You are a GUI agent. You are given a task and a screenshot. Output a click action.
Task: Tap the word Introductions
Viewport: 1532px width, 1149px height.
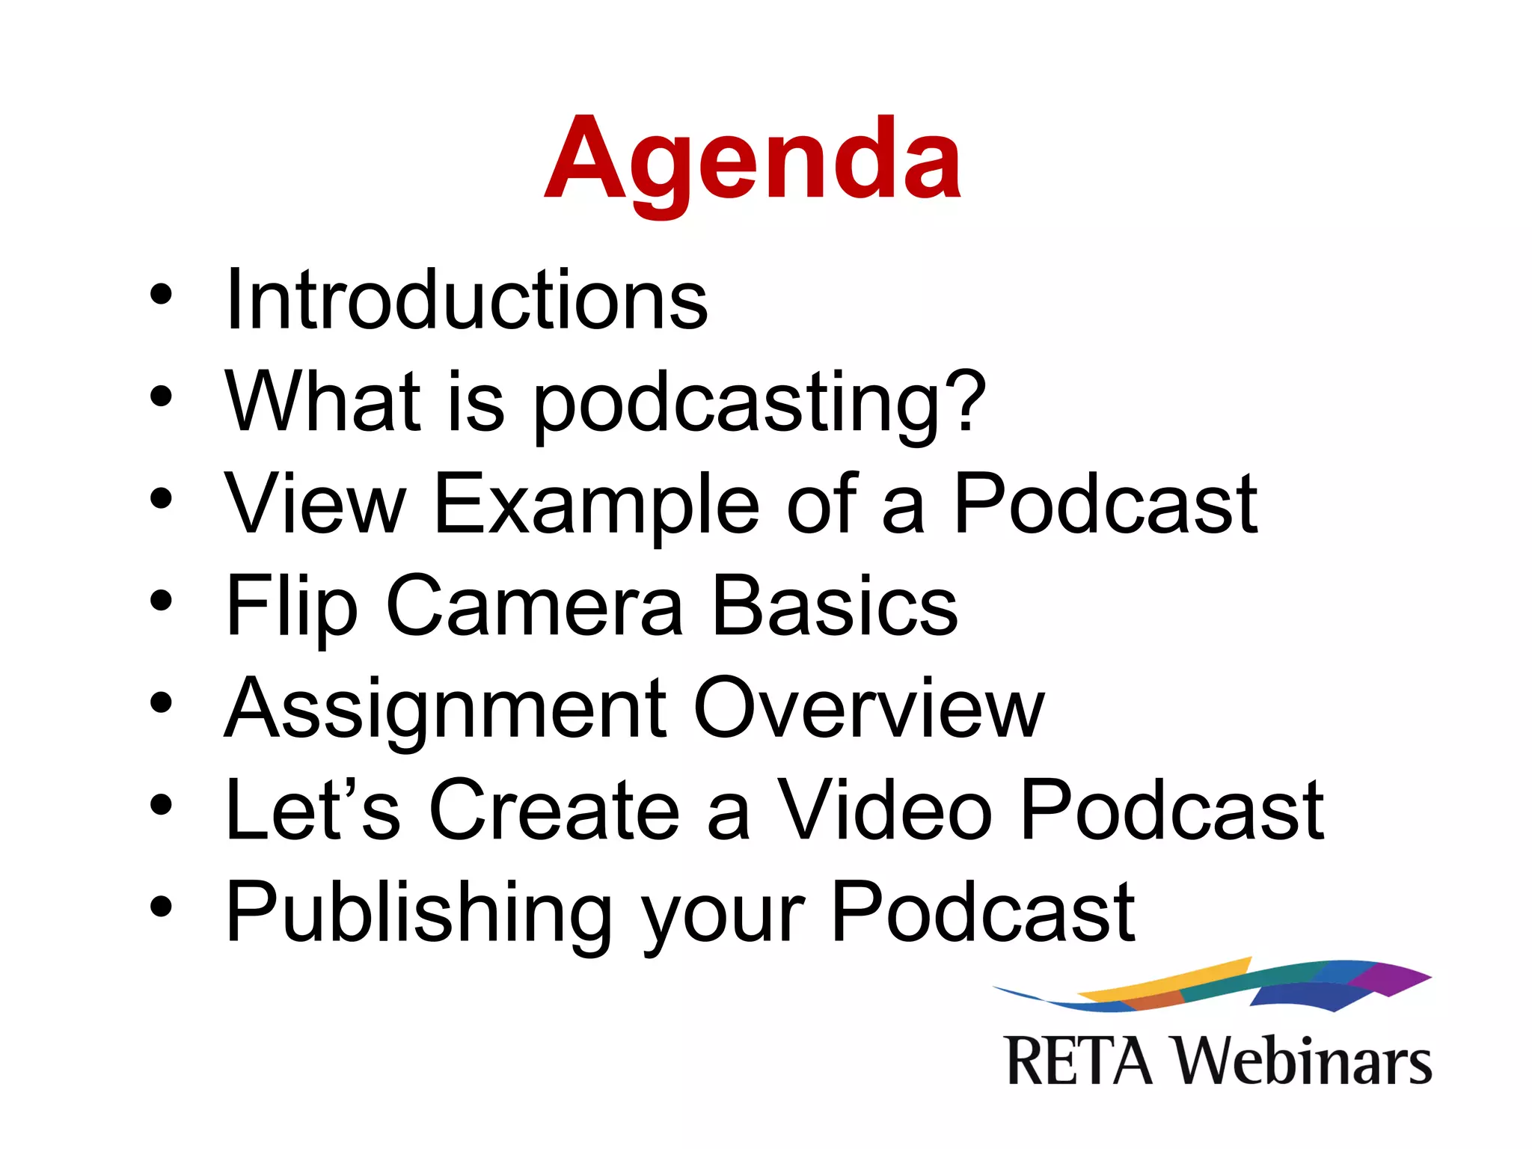tap(466, 300)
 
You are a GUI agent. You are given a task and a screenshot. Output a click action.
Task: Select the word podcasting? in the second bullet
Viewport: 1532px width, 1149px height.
tap(759, 404)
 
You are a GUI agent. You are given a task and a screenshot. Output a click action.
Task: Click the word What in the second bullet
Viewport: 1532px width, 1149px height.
tap(323, 402)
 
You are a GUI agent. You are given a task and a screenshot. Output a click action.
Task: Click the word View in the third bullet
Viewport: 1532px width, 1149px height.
tap(315, 504)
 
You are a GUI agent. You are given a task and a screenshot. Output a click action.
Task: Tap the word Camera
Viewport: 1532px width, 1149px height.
tap(535, 607)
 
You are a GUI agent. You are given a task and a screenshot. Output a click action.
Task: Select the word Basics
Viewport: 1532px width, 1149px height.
tap(835, 607)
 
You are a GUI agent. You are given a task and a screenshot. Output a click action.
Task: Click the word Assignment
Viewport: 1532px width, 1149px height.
tap(446, 709)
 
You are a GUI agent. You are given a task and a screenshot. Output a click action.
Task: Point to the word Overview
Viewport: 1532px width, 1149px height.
tap(868, 708)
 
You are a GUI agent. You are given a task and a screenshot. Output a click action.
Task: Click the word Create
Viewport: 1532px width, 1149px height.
tap(554, 810)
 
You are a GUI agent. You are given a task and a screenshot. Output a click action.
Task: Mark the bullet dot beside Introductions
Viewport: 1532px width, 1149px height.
tap(161, 294)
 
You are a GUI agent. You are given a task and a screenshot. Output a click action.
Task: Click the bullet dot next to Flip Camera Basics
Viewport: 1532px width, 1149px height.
tap(161, 601)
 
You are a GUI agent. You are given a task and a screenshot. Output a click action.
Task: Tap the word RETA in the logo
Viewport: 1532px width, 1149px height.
tap(1079, 1061)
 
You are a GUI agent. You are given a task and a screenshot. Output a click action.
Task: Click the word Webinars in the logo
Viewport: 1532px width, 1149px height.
tap(1302, 1061)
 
